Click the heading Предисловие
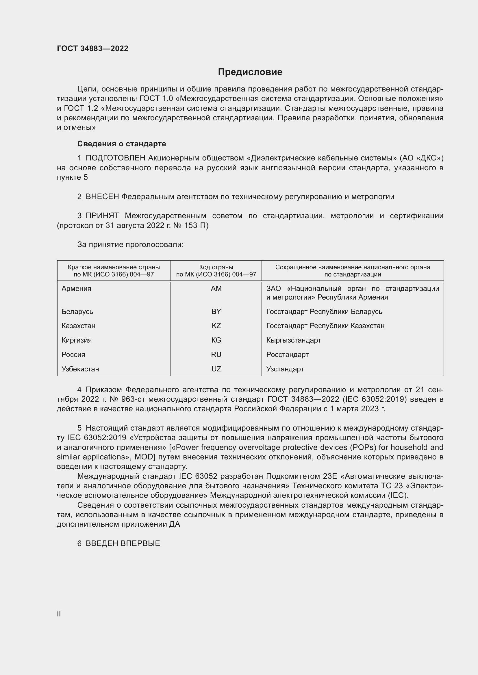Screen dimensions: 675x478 pyautogui.click(x=250, y=72)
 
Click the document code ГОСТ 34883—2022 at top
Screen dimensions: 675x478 pyautogui.click(x=92, y=48)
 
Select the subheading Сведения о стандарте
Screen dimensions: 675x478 pyautogui.click(x=122, y=144)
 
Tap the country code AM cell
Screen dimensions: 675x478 pyautogui.click(x=216, y=289)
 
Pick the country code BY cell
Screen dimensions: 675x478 pyautogui.click(x=216, y=312)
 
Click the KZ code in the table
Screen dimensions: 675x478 pyautogui.click(x=216, y=326)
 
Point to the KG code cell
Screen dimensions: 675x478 pyautogui.click(x=216, y=340)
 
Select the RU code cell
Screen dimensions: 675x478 pyautogui.click(x=216, y=355)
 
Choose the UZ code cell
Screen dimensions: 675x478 pyautogui.click(x=216, y=369)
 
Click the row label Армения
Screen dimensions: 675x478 pyautogui.click(x=77, y=289)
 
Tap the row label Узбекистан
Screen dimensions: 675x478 pyautogui.click(x=80, y=369)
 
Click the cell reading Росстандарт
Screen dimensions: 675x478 pyautogui.click(x=287, y=355)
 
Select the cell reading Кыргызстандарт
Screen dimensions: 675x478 pyautogui.click(x=293, y=340)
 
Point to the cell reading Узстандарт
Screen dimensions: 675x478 pyautogui.click(x=285, y=369)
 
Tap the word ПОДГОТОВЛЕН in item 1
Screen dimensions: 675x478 pyautogui.click(x=115, y=158)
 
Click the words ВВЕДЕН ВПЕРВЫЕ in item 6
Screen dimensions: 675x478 pyautogui.click(x=123, y=544)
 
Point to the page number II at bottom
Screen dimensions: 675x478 pyautogui.click(x=59, y=614)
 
